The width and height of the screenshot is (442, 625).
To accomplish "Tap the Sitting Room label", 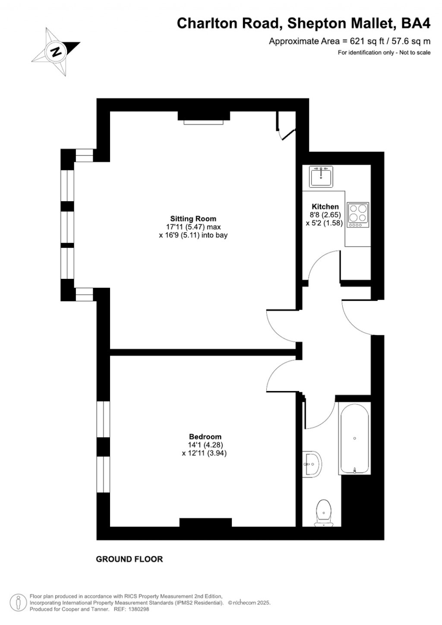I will pyautogui.click(x=193, y=218).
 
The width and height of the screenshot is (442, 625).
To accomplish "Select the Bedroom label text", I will pyautogui.click(x=205, y=436).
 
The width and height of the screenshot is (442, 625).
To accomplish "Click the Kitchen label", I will pyautogui.click(x=325, y=207).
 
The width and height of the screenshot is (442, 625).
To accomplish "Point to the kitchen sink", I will pyautogui.click(x=321, y=177).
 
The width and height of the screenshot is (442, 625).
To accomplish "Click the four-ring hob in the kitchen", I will pyautogui.click(x=358, y=215).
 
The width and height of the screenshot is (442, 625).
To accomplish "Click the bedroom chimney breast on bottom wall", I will pyautogui.click(x=205, y=522).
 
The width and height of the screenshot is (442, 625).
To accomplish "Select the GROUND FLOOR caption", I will pyautogui.click(x=129, y=559).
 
